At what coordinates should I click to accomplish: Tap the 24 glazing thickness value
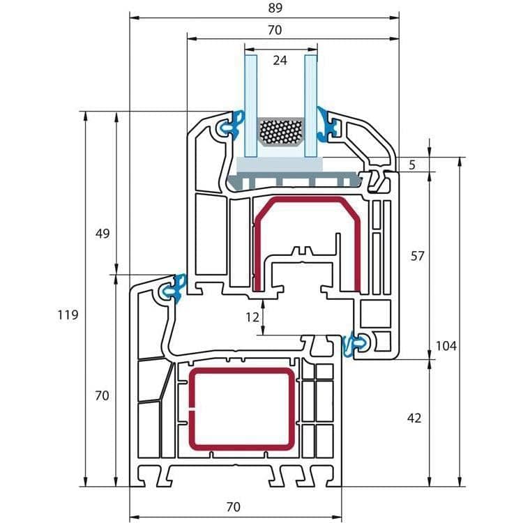[x=280, y=61]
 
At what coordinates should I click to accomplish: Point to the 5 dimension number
[x=412, y=165]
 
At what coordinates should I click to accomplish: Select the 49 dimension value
[x=103, y=234]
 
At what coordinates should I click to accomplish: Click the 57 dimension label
[x=417, y=256]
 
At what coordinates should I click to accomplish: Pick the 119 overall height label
[x=67, y=315]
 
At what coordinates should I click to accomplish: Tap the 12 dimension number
[x=252, y=317]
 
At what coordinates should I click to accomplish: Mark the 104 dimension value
[x=446, y=346]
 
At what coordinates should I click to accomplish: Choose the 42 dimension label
[x=414, y=418]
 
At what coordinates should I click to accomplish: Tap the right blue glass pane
[x=310, y=105]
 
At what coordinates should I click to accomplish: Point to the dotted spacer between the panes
[x=280, y=132]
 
